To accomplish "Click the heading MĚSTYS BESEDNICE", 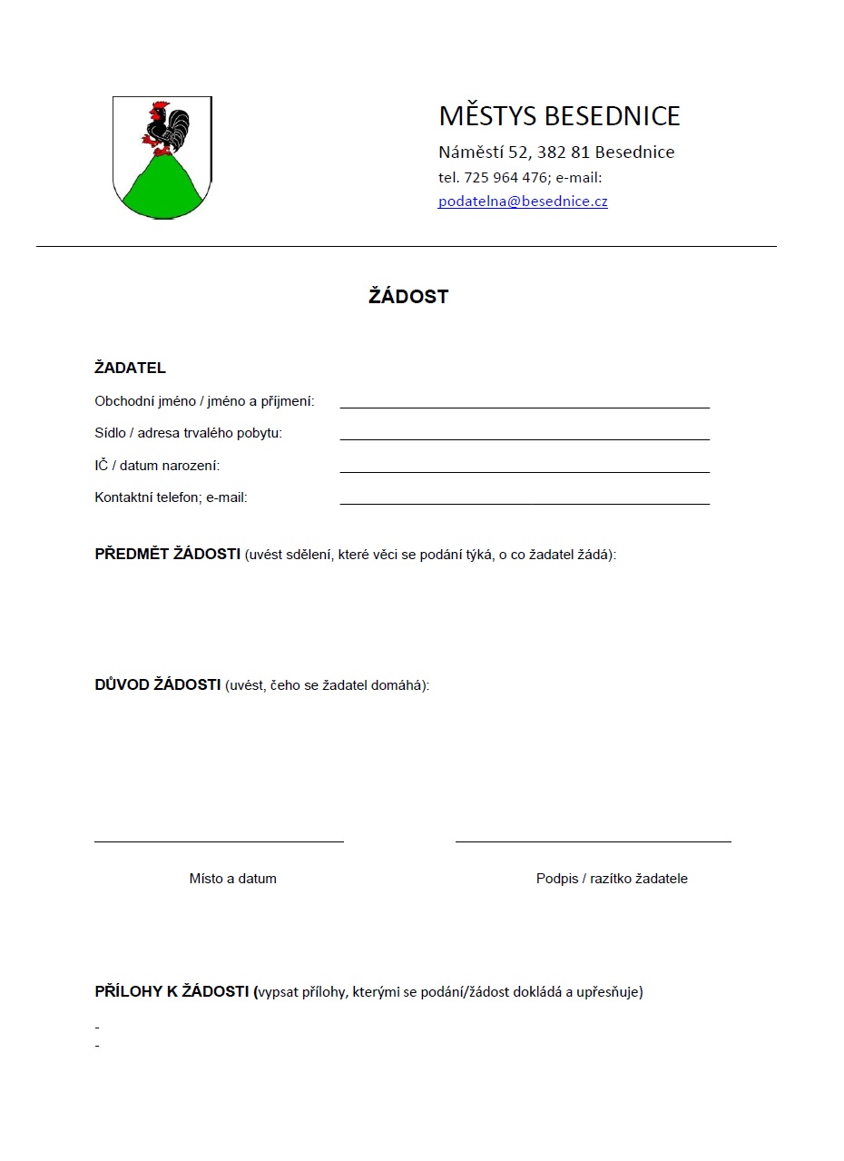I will pyautogui.click(x=559, y=116).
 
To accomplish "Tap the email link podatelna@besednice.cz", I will pyautogui.click(x=523, y=202).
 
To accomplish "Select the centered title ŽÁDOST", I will pyautogui.click(x=408, y=297).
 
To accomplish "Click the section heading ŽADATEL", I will pyautogui.click(x=130, y=369).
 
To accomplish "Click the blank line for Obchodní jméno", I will pyautogui.click(x=525, y=406).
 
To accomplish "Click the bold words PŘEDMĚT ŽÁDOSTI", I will pyautogui.click(x=167, y=555).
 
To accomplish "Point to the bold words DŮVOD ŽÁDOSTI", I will pyautogui.click(x=158, y=684).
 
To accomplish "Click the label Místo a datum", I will pyautogui.click(x=233, y=879).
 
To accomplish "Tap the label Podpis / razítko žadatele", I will pyautogui.click(x=612, y=879).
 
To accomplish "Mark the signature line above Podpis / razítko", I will pyautogui.click(x=593, y=841).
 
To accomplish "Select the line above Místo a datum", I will pyautogui.click(x=219, y=841).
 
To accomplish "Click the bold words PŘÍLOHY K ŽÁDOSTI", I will pyautogui.click(x=173, y=991).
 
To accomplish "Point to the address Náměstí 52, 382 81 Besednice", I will pyautogui.click(x=556, y=153).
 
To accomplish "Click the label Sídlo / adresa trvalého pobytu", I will pyautogui.click(x=189, y=433).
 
